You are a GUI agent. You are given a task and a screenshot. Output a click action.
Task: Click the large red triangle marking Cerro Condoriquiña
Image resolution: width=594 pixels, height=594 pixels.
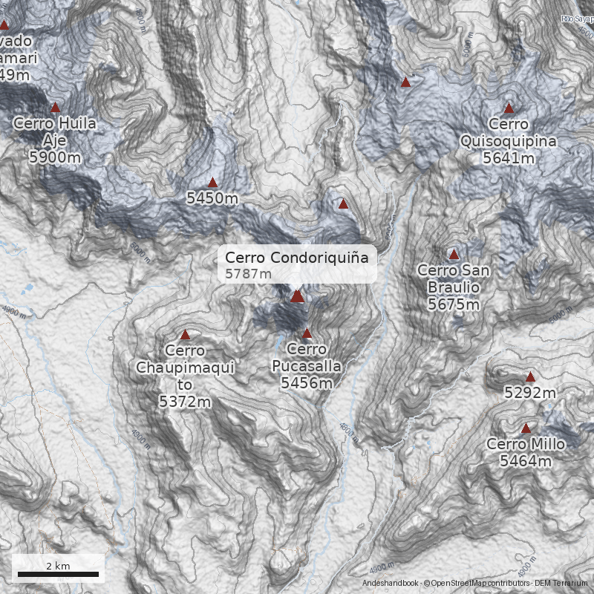click(x=297, y=296)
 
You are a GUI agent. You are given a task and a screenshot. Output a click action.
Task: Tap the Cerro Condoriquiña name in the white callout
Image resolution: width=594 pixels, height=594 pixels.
click(x=297, y=258)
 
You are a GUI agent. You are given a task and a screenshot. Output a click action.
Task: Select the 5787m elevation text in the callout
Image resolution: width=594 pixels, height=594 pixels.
click(x=249, y=275)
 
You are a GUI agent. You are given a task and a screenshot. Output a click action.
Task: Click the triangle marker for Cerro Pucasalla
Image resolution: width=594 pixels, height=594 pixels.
click(x=307, y=333)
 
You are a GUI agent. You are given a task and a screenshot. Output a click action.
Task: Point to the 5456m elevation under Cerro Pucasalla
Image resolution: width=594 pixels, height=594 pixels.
click(x=307, y=383)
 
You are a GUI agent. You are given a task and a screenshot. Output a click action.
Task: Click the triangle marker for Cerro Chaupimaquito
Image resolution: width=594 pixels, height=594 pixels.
click(x=185, y=335)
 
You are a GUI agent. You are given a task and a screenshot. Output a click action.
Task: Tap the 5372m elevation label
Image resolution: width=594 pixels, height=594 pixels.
click(x=185, y=402)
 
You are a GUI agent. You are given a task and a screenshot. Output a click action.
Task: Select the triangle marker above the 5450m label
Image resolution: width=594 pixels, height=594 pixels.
click(x=212, y=183)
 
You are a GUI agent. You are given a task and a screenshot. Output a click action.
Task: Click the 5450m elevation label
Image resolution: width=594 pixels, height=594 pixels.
click(x=212, y=198)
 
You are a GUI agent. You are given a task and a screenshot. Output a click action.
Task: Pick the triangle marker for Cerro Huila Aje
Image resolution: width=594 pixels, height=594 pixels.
click(x=54, y=108)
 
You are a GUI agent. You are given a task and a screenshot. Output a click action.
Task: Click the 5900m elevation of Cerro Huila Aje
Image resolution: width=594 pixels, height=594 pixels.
click(x=54, y=157)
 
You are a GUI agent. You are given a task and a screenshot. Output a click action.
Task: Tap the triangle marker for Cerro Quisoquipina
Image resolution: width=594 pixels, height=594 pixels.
click(x=509, y=108)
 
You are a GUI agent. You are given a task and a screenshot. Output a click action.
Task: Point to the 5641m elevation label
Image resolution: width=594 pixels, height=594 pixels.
click(x=509, y=158)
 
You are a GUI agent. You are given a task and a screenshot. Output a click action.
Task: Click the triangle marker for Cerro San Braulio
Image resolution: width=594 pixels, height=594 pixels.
click(x=454, y=254)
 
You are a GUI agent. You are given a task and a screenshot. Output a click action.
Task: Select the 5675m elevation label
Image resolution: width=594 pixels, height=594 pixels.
click(x=454, y=304)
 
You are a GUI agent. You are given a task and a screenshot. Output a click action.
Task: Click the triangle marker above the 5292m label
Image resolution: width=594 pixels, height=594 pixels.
click(x=529, y=377)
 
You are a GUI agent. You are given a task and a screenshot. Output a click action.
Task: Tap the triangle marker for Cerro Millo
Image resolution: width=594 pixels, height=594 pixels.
click(x=526, y=428)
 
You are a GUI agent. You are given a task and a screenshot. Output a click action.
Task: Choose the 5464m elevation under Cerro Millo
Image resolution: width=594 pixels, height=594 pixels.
click(x=526, y=462)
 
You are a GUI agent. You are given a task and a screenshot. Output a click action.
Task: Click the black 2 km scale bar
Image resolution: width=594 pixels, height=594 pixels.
click(x=58, y=574)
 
